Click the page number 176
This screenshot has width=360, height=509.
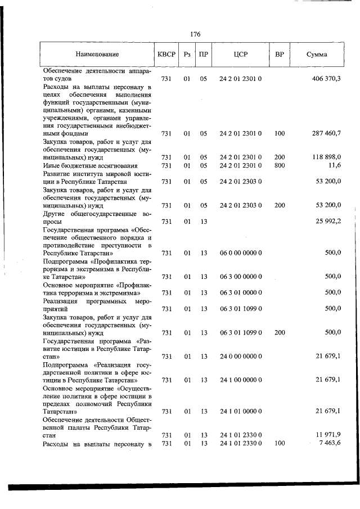point(195,34)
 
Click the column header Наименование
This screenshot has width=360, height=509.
point(97,55)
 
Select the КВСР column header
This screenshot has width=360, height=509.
point(166,55)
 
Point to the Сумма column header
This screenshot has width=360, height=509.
point(317,55)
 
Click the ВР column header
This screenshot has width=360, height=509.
point(280,55)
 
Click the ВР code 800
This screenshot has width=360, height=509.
point(280,165)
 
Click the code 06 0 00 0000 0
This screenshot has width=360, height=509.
point(241,253)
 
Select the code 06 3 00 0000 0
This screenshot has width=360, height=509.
point(241,277)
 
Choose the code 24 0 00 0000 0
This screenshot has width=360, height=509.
point(241,357)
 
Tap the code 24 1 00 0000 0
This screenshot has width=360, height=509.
point(241,380)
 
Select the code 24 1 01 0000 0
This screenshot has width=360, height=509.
point(241,412)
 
